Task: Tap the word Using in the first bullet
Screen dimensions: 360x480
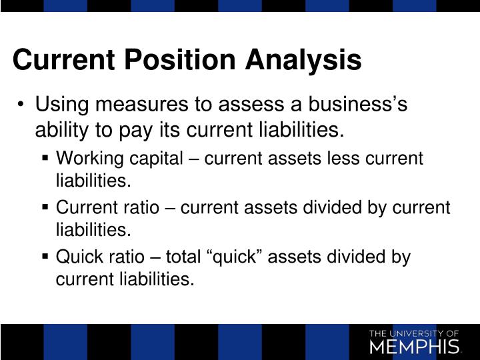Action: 62,105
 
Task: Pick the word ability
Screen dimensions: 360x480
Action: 61,128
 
